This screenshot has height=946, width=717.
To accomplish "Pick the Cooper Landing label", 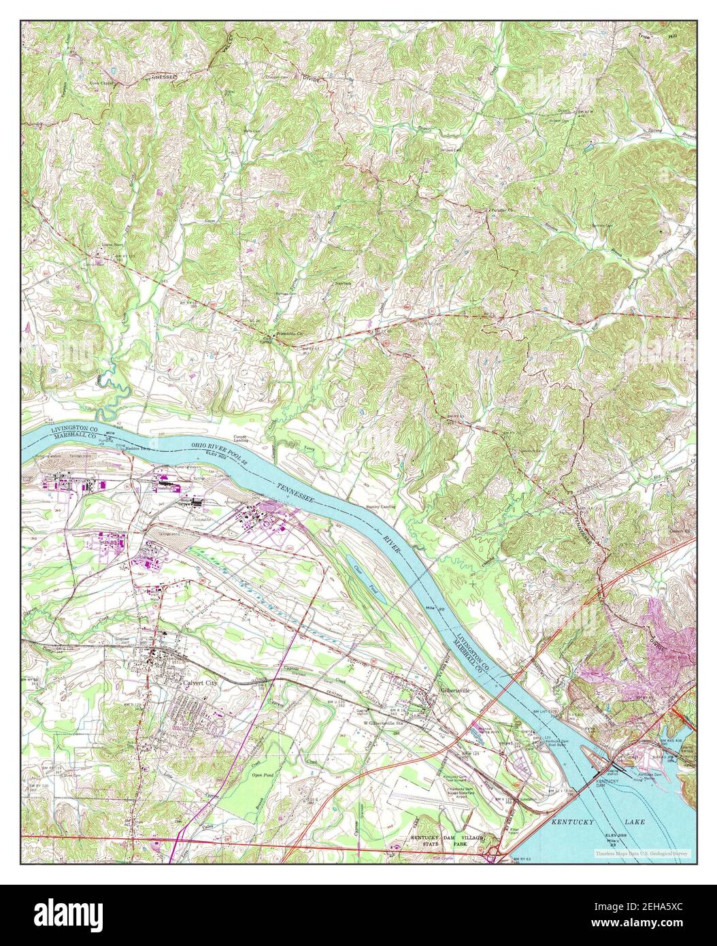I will [239, 439].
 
